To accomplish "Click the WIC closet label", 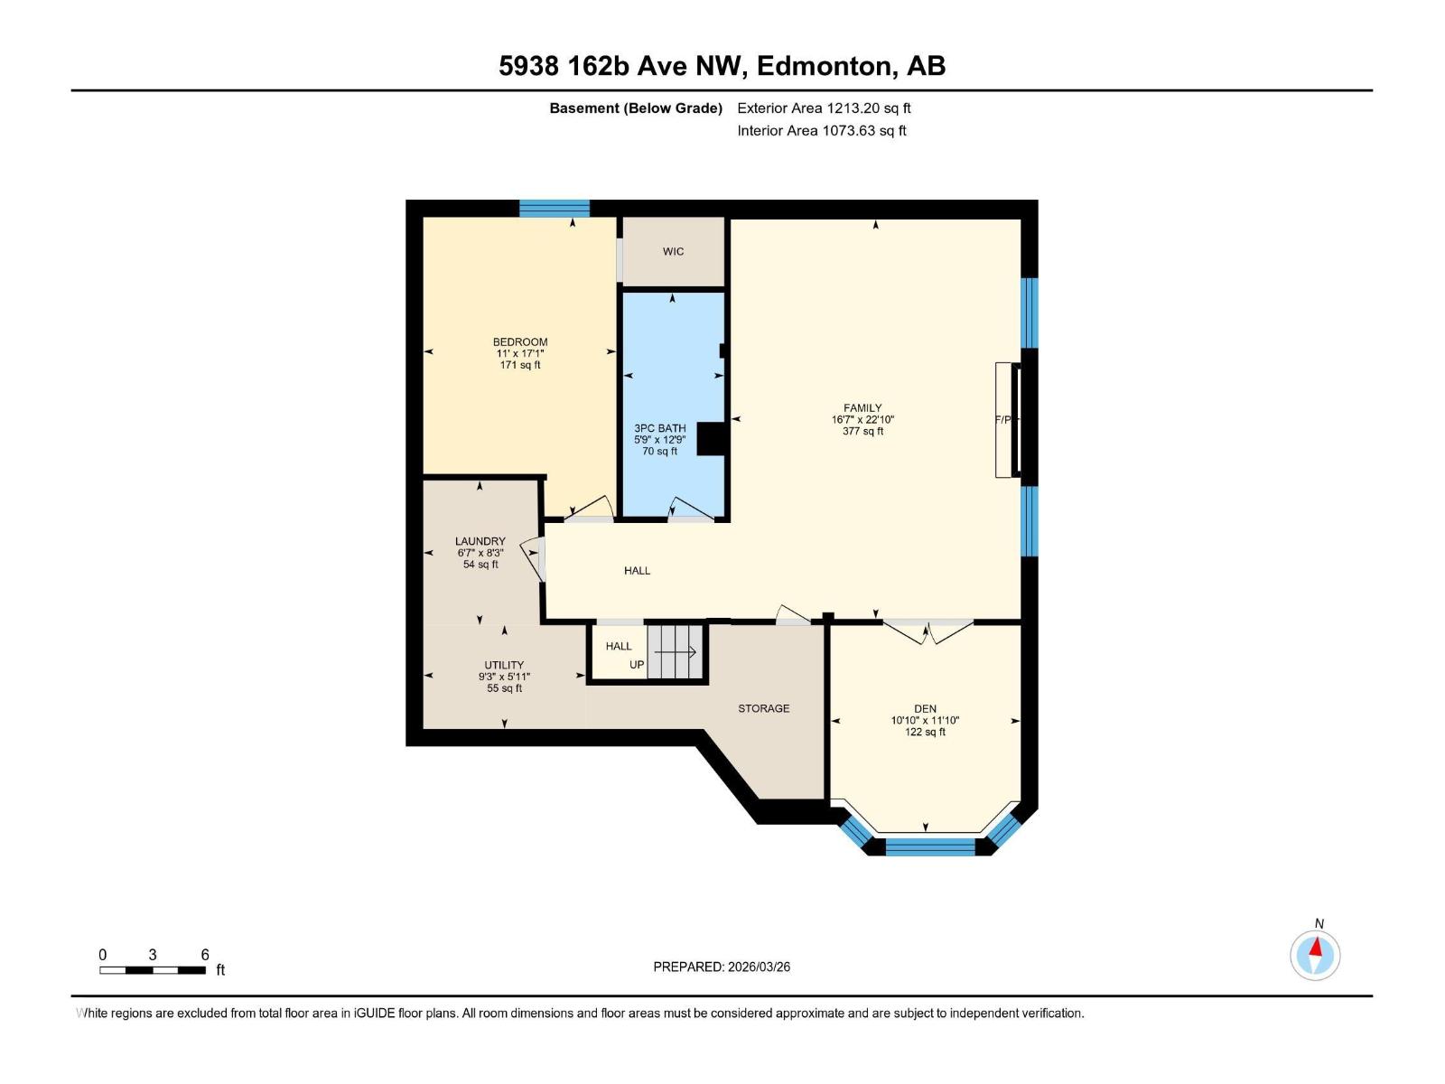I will tap(673, 251).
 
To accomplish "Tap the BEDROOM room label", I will tap(519, 341).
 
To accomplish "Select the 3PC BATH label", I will tap(659, 428).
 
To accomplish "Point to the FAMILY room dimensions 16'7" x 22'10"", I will tap(862, 419).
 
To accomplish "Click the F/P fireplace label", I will tap(1002, 419).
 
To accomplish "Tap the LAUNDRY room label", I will tap(480, 541).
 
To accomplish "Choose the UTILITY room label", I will tap(503, 665).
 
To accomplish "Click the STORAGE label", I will tap(763, 708).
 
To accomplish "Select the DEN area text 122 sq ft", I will tap(925, 733).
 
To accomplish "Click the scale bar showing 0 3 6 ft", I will tap(153, 969).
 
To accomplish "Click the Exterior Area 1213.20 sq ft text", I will tap(824, 107).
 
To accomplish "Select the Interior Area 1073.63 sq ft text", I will tap(821, 130).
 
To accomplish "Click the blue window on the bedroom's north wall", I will tap(554, 208).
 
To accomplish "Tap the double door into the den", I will tap(928, 629).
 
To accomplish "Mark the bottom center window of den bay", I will tap(930, 846).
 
